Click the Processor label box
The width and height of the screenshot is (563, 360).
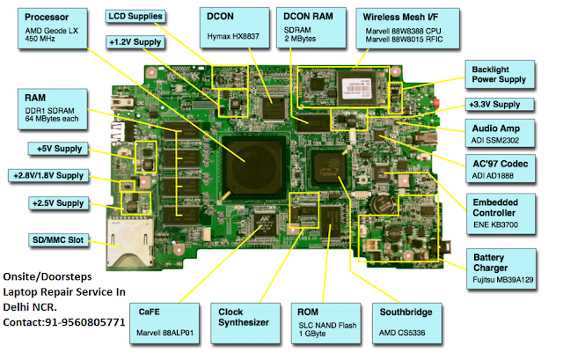53,28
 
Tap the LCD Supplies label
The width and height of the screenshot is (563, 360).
135,17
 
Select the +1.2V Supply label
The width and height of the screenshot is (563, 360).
135,42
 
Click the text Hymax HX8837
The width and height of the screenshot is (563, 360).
233,36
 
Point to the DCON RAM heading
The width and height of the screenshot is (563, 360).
308,17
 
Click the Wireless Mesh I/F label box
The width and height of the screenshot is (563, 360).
407,29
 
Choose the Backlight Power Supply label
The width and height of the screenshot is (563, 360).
500,74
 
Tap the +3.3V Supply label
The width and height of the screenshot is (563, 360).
499,105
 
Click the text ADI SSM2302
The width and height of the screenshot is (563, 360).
495,141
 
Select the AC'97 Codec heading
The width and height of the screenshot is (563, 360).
501,164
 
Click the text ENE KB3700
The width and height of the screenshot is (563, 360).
495,225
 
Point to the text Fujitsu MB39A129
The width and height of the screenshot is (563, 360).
502,280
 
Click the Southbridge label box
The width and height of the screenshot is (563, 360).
406,323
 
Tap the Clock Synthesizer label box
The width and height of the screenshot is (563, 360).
245,323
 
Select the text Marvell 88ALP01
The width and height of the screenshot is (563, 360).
165,333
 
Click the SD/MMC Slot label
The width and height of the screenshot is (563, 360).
58,240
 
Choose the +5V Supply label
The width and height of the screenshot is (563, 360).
58,149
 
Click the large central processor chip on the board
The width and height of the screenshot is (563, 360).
253,166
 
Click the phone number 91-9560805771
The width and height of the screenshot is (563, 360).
84,322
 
